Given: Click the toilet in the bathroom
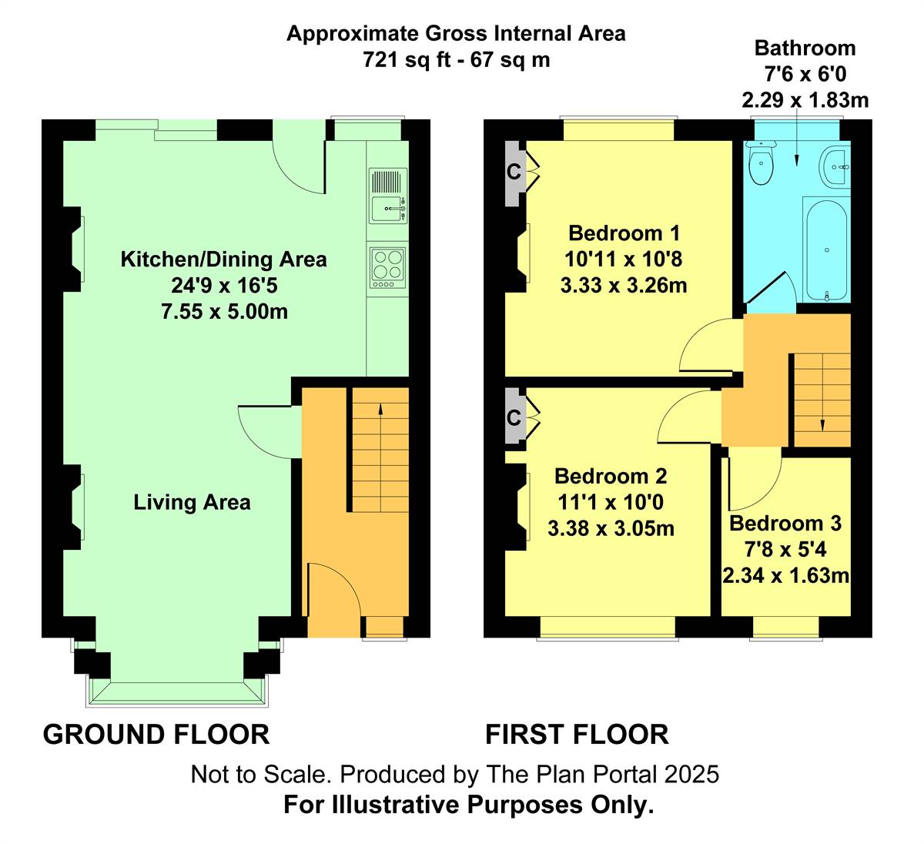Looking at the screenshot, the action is [x=761, y=162].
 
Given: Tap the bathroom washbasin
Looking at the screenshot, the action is [x=834, y=167].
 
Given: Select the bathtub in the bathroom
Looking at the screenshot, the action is [x=826, y=250].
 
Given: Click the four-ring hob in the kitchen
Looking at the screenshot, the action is [x=387, y=268].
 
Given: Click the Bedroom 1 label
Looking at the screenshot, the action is [x=624, y=233].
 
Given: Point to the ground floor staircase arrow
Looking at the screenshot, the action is [x=380, y=457].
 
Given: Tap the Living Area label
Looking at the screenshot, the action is [x=192, y=502].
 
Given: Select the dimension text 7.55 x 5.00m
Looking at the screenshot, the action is [x=224, y=311].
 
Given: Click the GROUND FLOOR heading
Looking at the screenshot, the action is [x=156, y=734].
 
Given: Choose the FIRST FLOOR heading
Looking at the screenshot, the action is [x=577, y=734].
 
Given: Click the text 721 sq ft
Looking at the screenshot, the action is [x=407, y=60].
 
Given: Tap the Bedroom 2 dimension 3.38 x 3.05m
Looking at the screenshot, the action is [x=611, y=528].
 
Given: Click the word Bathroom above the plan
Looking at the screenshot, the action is [x=805, y=48].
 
